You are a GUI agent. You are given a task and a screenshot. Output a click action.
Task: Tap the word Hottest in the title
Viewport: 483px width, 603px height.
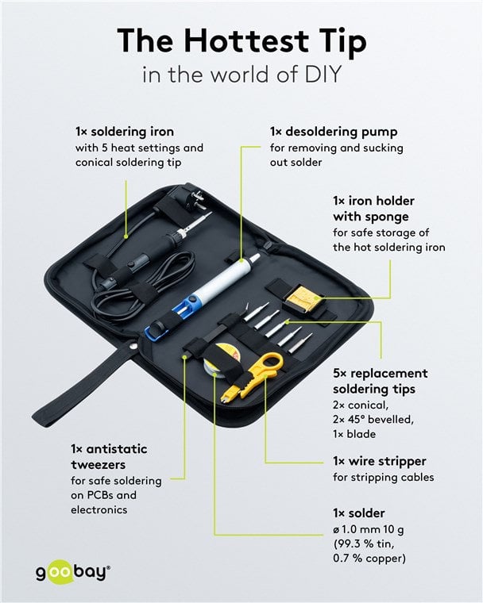point(245,40)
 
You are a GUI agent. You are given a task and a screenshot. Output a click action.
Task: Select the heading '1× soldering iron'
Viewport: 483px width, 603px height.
point(125,132)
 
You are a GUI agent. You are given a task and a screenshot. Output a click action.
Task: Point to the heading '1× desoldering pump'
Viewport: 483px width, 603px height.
point(334,132)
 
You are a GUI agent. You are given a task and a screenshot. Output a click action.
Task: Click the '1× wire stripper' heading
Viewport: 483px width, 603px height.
point(380,461)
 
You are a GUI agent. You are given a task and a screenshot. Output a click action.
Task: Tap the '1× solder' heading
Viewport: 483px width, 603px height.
point(359,513)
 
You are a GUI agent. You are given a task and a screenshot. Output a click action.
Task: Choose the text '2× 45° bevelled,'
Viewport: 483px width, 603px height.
point(373,419)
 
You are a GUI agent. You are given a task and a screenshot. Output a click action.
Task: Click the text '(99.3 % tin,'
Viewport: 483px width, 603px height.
point(364,543)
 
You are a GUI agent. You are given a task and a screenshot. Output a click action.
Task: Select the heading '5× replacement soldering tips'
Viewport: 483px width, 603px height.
point(381,381)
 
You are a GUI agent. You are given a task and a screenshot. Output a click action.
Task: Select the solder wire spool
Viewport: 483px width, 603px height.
point(222,359)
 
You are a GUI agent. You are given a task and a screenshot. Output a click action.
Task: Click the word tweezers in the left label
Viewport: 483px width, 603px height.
point(99,465)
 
